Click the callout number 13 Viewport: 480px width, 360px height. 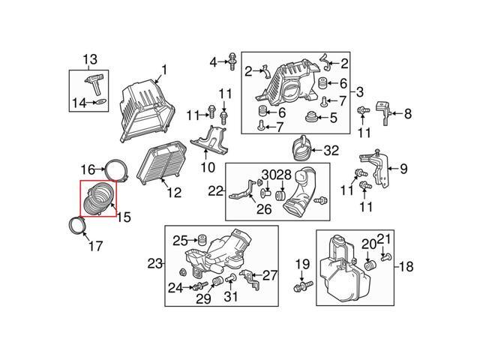(x=90, y=59)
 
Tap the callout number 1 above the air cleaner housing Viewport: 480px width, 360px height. (x=164, y=70)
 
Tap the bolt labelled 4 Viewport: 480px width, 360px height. (x=232, y=61)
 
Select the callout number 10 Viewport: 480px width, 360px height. (x=208, y=167)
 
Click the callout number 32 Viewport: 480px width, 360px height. (x=331, y=151)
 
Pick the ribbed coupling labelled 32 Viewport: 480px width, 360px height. (x=302, y=148)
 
